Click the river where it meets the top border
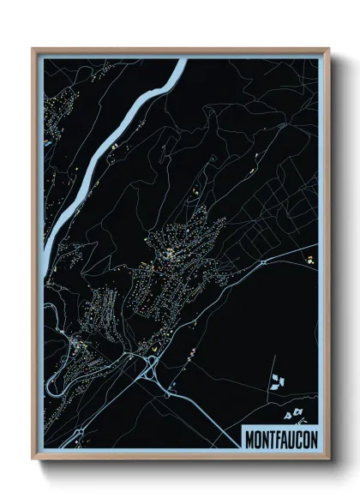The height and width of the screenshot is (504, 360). [x=180, y=61]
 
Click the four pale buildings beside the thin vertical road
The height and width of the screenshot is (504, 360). [x=276, y=379]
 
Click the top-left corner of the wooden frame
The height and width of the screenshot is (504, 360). [x=33, y=49]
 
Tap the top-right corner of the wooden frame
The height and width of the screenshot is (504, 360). [x=329, y=49]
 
